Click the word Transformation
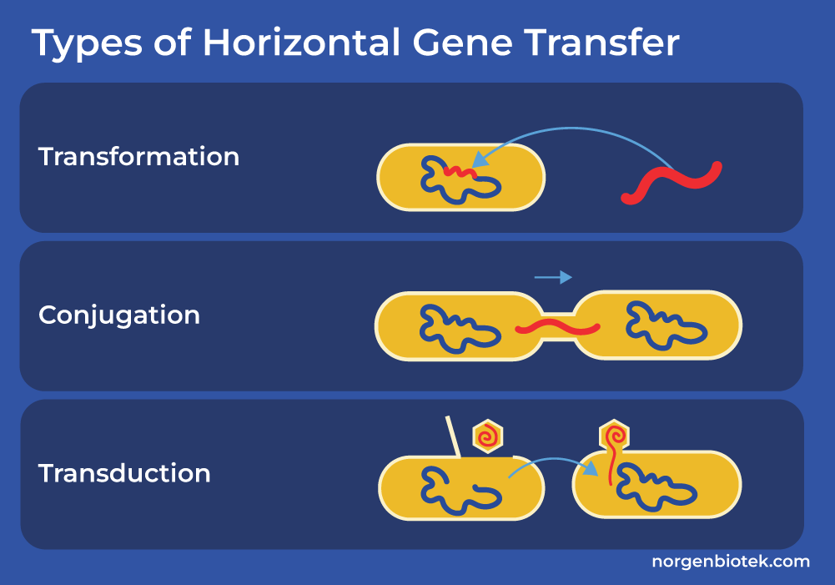point(138,157)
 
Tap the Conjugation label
point(119,315)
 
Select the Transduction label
point(124,473)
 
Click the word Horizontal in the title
point(301,42)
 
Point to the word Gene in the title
point(462,43)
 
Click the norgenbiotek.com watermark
point(731,561)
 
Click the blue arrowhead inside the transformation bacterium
point(480,159)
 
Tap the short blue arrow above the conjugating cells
point(553,277)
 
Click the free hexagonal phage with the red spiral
point(488,436)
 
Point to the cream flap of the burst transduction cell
point(453,436)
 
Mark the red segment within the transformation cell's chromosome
point(460,172)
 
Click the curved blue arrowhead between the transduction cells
point(591,469)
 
